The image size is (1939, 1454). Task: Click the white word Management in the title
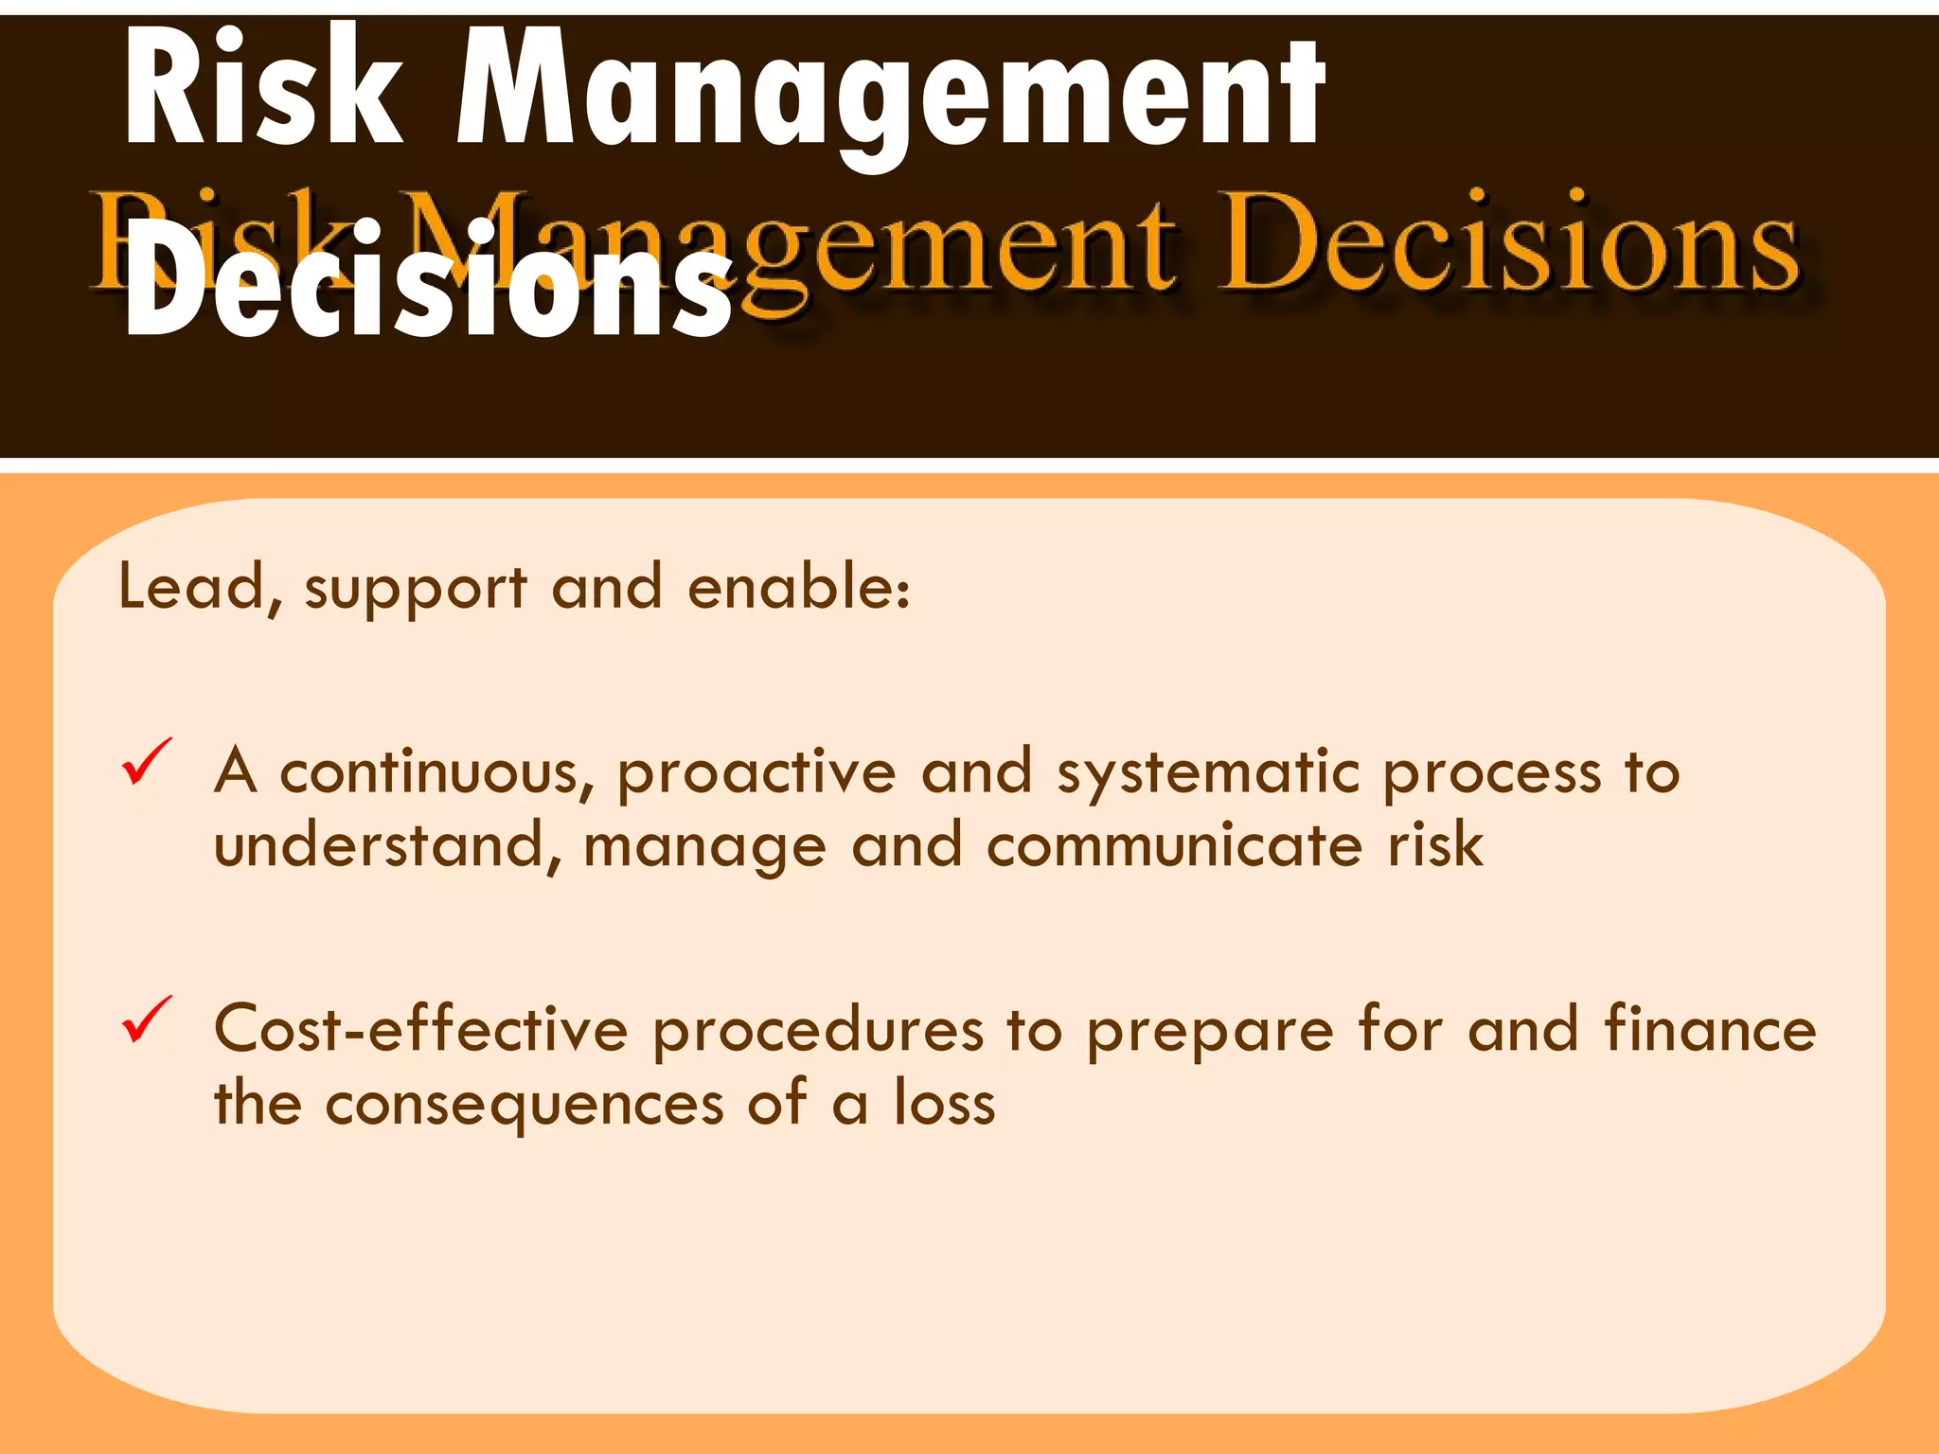(890, 95)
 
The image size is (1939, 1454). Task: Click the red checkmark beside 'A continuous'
(148, 762)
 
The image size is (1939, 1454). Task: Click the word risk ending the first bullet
(1434, 845)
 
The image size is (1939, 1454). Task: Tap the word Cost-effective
(421, 1030)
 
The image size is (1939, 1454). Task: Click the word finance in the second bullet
(1710, 1030)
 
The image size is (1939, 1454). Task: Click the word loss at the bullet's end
(945, 1104)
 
